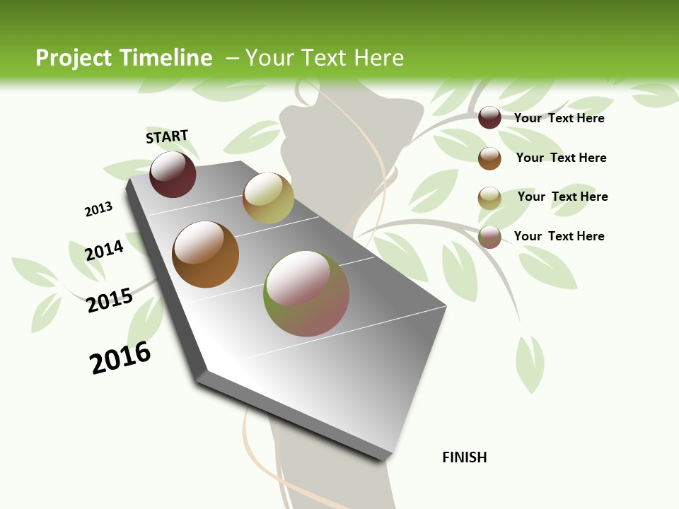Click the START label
167,136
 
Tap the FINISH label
464,457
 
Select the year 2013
98,209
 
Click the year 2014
104,250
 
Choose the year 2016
120,358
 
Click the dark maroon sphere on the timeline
173,175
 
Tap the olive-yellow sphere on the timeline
268,198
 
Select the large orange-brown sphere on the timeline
205,255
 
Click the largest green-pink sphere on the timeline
306,293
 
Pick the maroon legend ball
489,117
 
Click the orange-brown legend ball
489,158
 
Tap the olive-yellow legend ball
489,198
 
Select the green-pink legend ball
489,237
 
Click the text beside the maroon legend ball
559,118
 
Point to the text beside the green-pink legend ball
559,236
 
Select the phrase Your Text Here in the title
325,58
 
